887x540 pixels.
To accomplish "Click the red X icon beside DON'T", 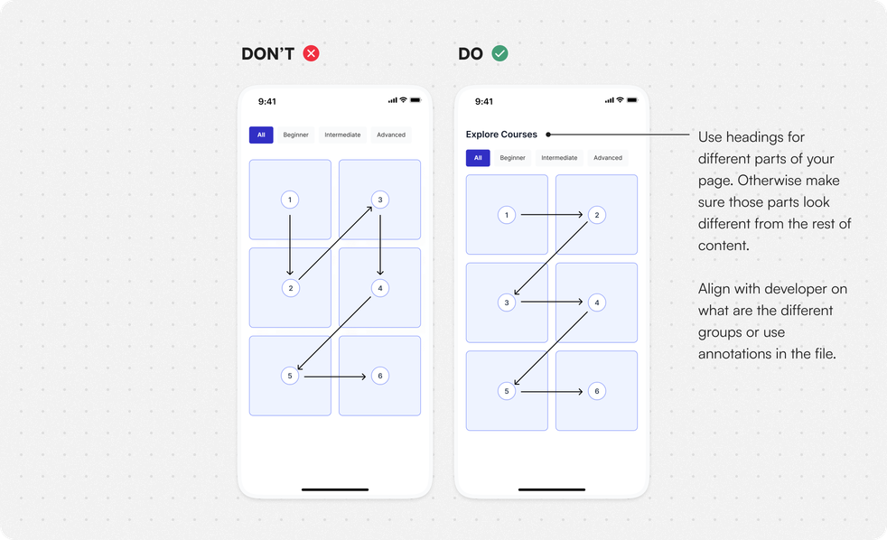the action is click(x=311, y=53).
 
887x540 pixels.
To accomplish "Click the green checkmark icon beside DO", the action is click(x=500, y=53).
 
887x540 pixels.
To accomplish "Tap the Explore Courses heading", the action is click(x=501, y=135).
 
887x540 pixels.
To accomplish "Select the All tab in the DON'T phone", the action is click(x=261, y=135).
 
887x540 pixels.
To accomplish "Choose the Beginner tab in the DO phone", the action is click(x=512, y=158).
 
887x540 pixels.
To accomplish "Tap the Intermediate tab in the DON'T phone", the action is click(x=342, y=135).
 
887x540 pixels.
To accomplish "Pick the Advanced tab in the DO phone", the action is click(x=608, y=158).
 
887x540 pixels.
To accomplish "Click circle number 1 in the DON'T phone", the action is click(x=290, y=200).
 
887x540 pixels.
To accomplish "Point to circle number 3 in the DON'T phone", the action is click(x=380, y=200).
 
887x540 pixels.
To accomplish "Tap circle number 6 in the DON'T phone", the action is click(x=380, y=376).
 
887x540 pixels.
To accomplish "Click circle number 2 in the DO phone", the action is click(x=597, y=215).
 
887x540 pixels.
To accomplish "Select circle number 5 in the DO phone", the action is click(x=507, y=391).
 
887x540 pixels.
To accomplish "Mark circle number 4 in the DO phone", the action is click(x=597, y=303).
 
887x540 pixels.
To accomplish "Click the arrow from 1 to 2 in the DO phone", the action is click(x=552, y=215).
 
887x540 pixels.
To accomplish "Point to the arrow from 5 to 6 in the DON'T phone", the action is click(x=335, y=377).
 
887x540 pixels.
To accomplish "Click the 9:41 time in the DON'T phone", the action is click(x=267, y=102).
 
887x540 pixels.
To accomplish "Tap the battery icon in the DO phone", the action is click(x=632, y=100).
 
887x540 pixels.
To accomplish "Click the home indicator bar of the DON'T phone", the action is click(x=335, y=489).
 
